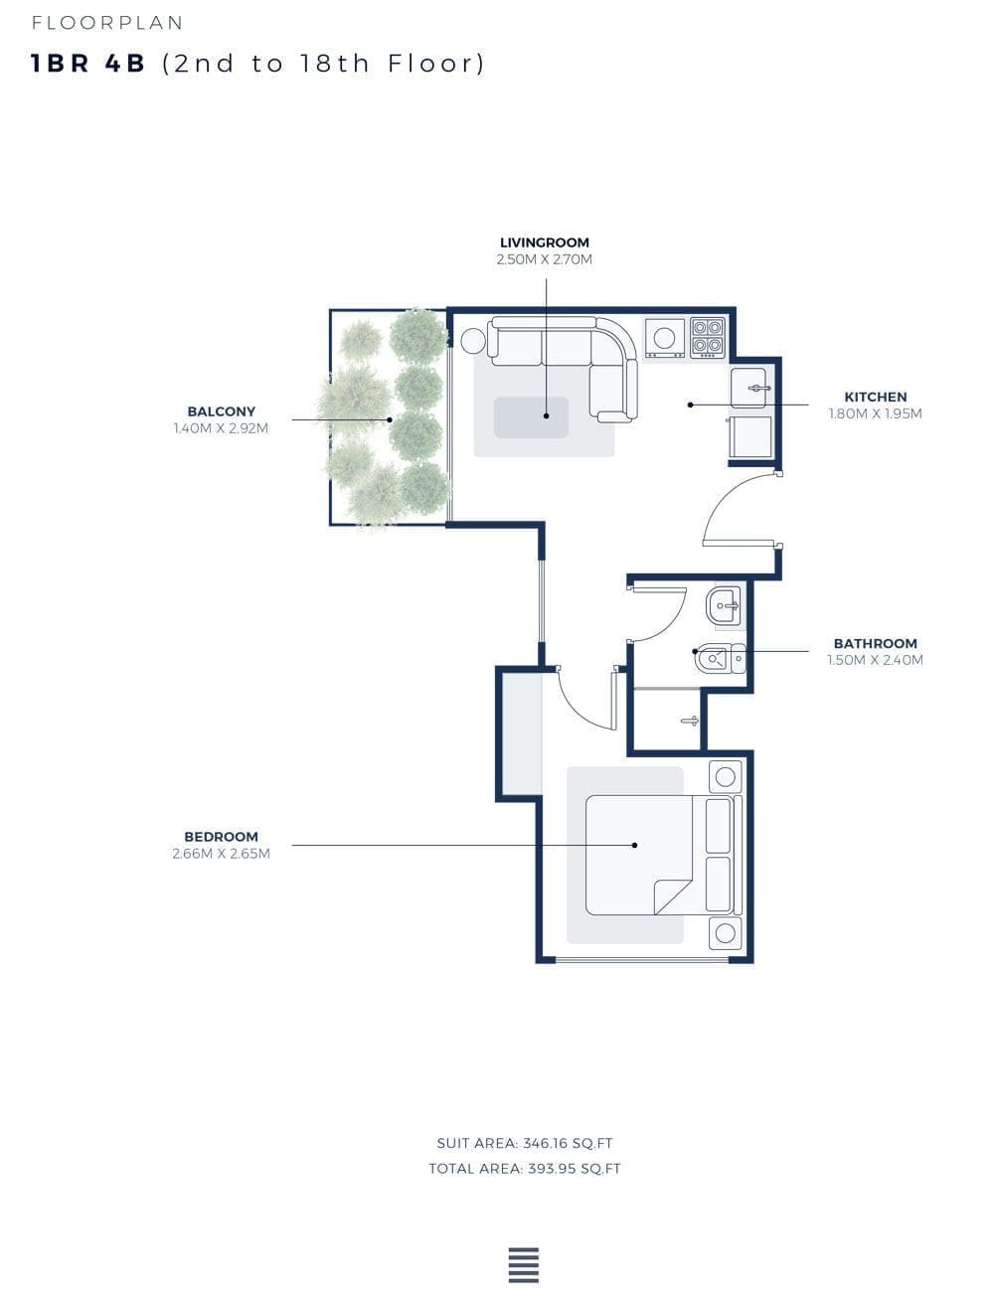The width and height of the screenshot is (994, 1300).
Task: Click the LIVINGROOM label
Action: pyautogui.click(x=545, y=243)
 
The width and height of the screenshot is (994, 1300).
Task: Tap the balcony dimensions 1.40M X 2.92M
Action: pyautogui.click(x=221, y=428)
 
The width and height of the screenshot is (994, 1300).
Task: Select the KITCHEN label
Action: pyautogui.click(x=875, y=397)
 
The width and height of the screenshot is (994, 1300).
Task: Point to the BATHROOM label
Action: pyautogui.click(x=875, y=643)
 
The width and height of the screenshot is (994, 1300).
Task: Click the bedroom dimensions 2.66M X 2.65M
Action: pyautogui.click(x=221, y=854)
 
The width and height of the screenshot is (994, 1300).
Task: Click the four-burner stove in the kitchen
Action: pyautogui.click(x=708, y=337)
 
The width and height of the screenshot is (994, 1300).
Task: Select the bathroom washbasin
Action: pyautogui.click(x=724, y=606)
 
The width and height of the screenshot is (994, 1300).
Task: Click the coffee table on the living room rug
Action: pyautogui.click(x=532, y=417)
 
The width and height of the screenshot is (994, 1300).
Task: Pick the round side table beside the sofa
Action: pyautogui.click(x=473, y=341)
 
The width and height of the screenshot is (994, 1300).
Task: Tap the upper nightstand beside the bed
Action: pyautogui.click(x=725, y=776)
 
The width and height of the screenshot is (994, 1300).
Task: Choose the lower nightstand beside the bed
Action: pyautogui.click(x=725, y=933)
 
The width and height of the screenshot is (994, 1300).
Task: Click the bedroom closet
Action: pyautogui.click(x=521, y=733)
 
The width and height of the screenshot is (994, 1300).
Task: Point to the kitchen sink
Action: pyautogui.click(x=748, y=389)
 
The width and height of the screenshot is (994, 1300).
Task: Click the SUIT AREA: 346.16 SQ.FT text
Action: pyautogui.click(x=525, y=1143)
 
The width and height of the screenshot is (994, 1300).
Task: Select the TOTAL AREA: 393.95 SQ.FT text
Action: pyautogui.click(x=525, y=1169)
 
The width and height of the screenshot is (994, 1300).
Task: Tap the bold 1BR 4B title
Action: pyautogui.click(x=87, y=64)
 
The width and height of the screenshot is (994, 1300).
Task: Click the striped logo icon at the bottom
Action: pyautogui.click(x=524, y=1265)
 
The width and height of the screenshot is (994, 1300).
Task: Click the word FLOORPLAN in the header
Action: pyautogui.click(x=107, y=23)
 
